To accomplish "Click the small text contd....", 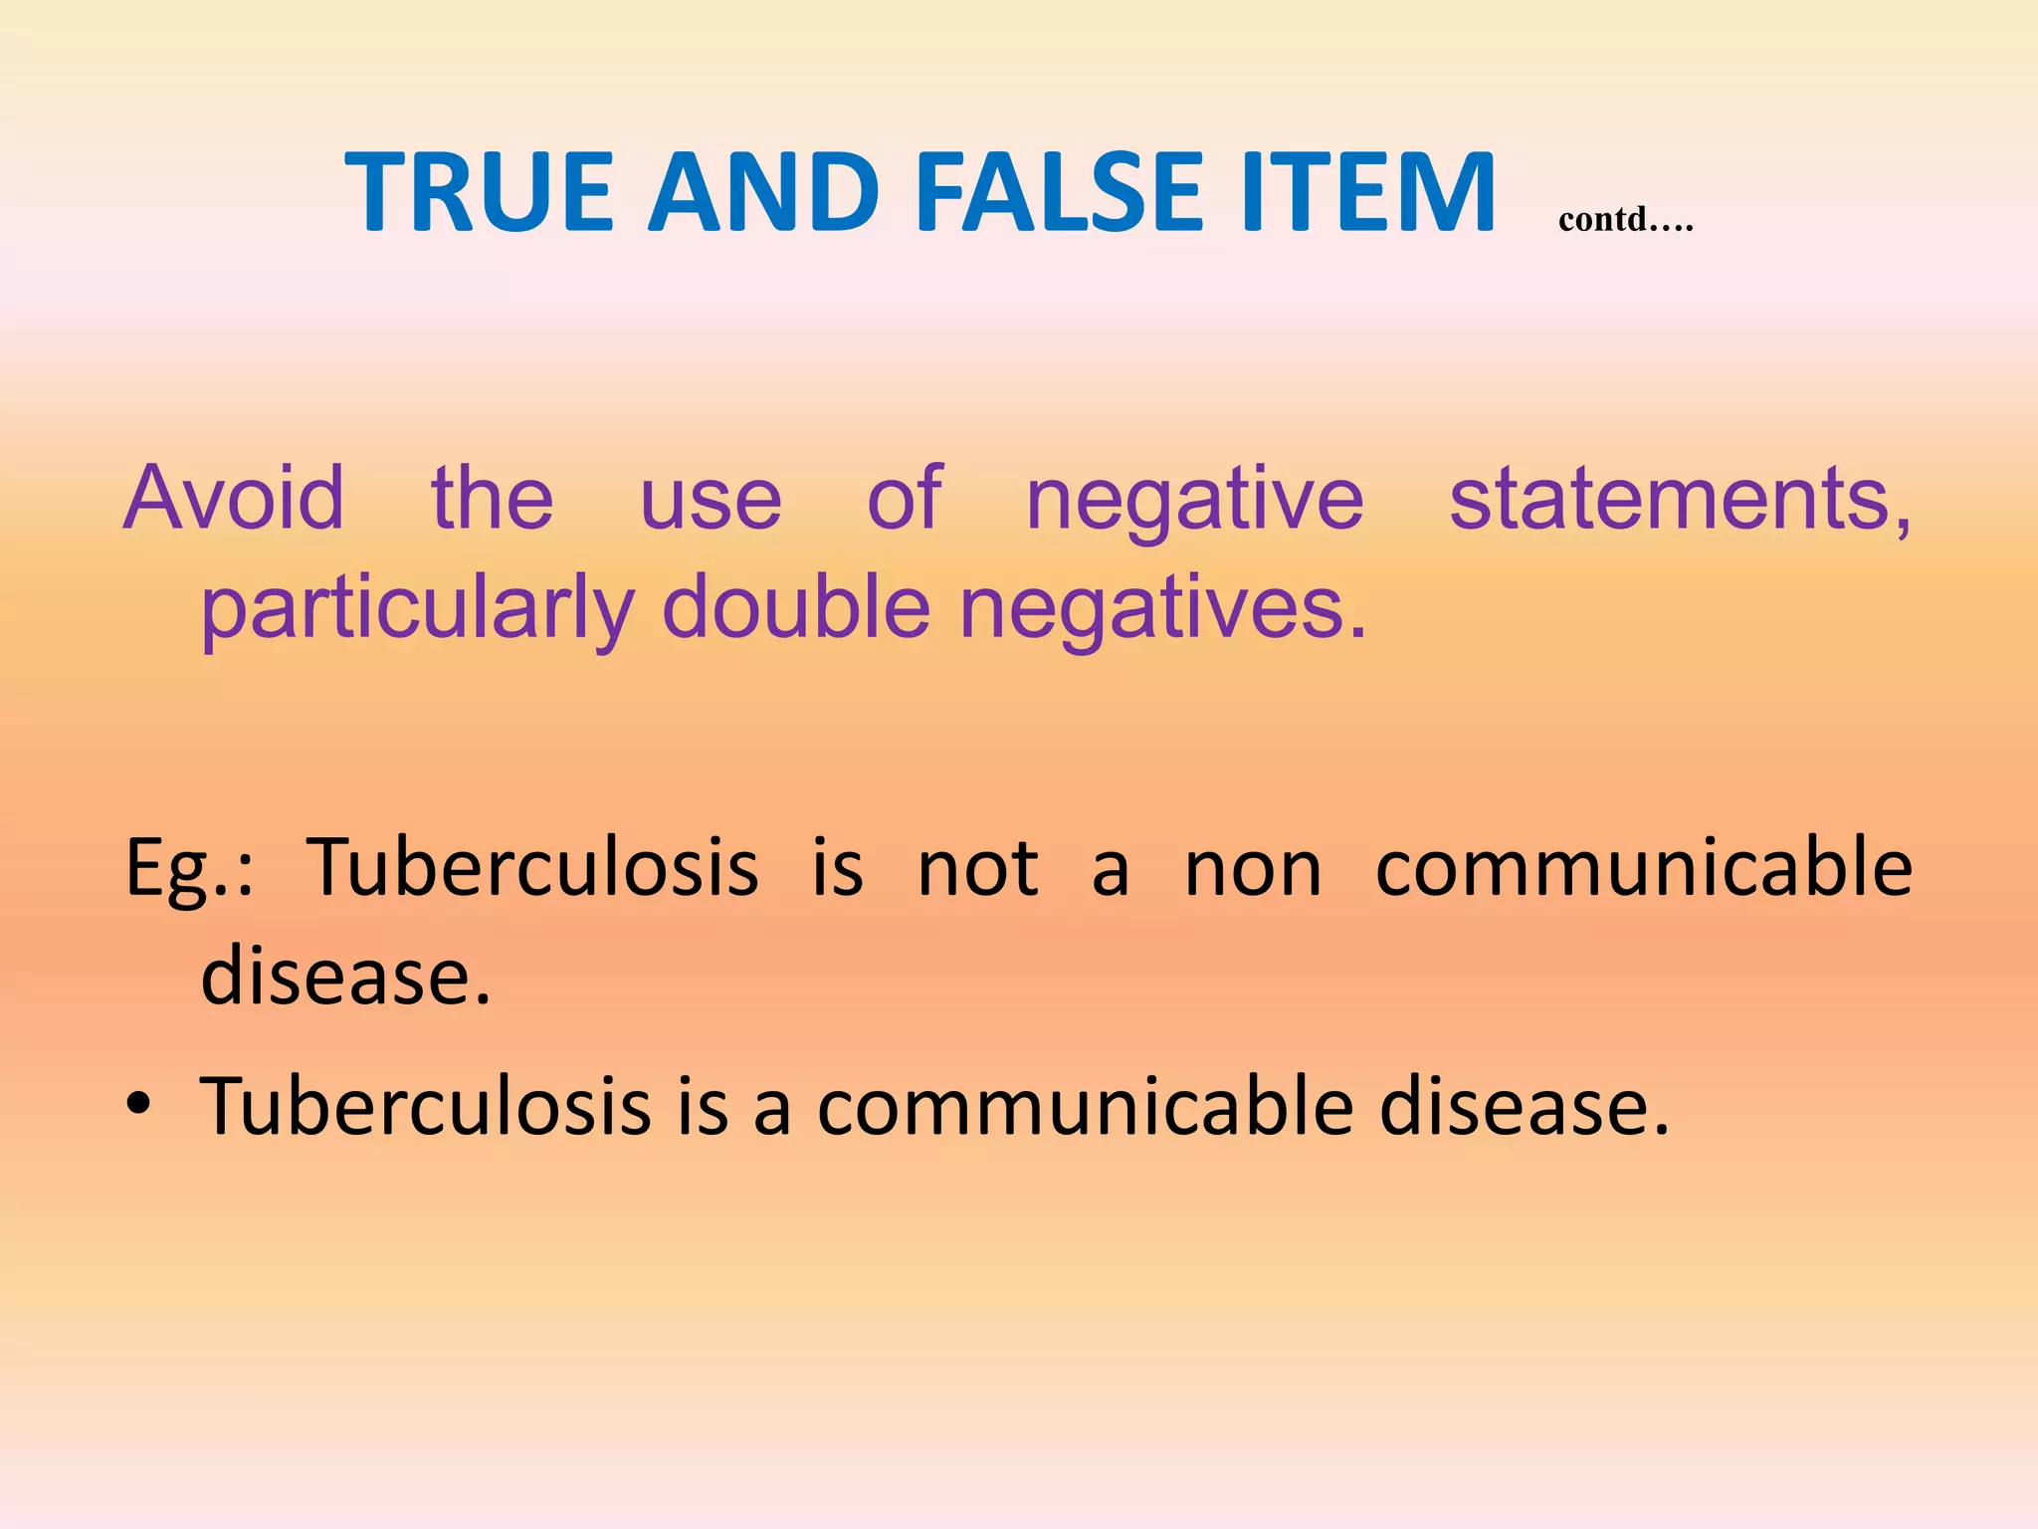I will pos(1624,219).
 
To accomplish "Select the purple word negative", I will pos(1194,501).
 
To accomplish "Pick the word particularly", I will pos(418,609).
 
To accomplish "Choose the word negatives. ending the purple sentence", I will pos(1162,609).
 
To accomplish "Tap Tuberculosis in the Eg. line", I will pos(532,866).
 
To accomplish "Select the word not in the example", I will pos(977,868).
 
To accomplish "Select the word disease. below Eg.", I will pos(345,975).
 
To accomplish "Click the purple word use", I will pos(710,501).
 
